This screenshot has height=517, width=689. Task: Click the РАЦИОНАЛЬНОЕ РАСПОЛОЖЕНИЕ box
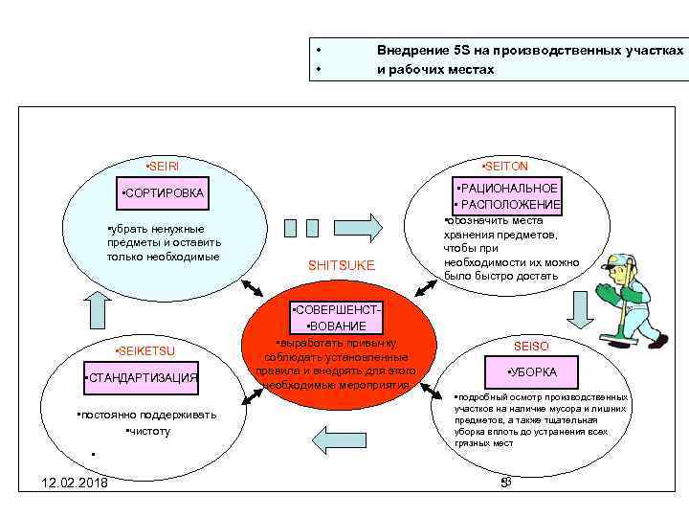tap(507, 196)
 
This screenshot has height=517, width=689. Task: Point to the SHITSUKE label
tap(342, 264)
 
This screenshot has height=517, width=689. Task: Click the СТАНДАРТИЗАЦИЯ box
tap(142, 378)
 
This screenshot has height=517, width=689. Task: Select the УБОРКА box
tap(532, 371)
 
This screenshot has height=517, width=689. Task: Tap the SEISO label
tap(531, 345)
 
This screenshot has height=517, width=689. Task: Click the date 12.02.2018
tap(68, 482)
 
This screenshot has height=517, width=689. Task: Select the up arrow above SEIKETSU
tap(100, 309)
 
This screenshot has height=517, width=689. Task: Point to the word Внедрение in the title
tap(414, 50)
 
